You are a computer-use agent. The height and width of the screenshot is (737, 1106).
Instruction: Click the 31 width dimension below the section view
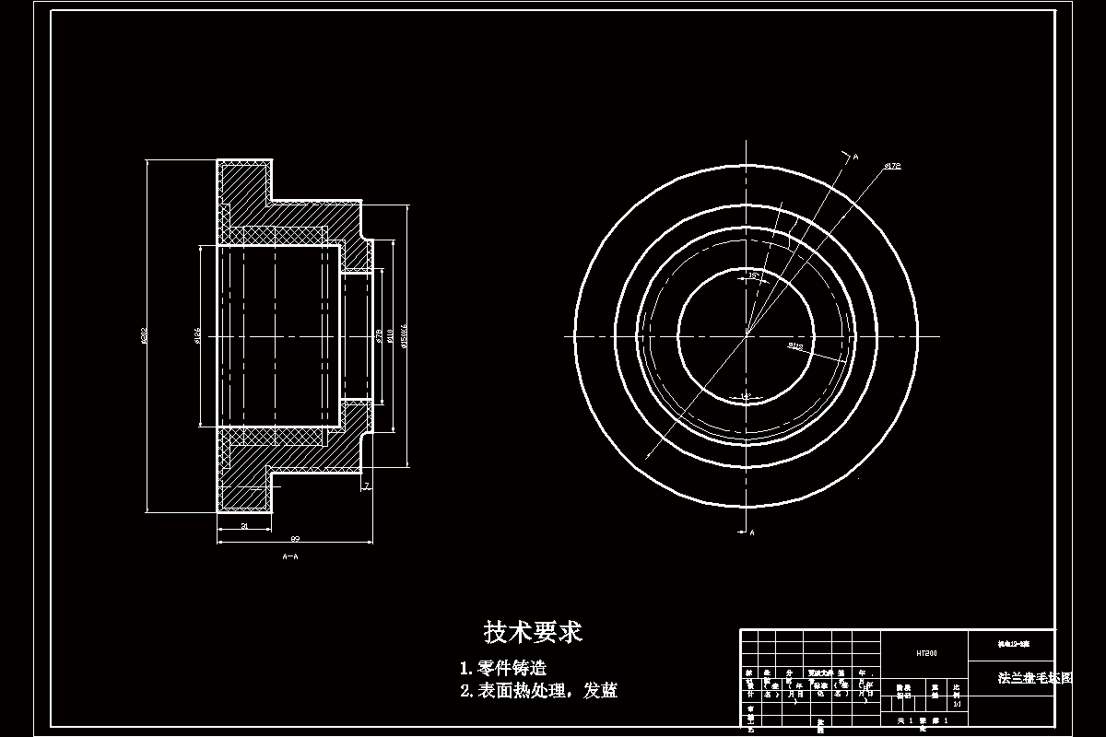244,526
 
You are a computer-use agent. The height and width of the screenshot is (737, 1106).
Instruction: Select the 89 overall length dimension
295,538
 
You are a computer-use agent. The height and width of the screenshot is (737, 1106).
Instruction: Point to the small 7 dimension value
366,485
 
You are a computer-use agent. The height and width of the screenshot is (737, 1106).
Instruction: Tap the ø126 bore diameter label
198,337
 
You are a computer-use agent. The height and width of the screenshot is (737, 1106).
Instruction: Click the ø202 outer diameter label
144,337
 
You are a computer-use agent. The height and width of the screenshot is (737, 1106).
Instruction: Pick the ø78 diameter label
380,337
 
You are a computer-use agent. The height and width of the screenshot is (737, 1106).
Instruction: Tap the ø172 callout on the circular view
891,166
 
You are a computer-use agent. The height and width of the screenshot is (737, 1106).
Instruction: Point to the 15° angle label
752,275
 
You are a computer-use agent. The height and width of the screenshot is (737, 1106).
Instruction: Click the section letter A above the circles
855,158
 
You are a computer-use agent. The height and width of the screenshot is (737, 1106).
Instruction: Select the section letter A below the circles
752,532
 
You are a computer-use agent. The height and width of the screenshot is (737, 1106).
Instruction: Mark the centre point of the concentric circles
746,335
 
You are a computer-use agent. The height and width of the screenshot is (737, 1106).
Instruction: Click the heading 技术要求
533,632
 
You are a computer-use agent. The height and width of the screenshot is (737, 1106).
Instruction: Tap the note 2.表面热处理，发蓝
538,691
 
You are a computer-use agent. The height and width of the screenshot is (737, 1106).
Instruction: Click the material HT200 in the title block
925,653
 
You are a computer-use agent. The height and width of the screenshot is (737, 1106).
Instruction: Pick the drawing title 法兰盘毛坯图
1036,677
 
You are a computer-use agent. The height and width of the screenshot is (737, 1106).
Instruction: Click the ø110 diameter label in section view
392,337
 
